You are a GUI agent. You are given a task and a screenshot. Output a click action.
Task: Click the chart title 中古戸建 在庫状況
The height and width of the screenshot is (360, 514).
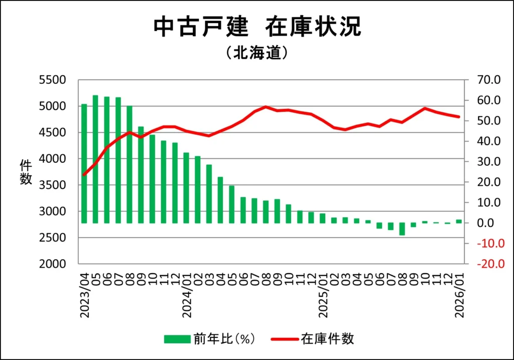tap(256, 27)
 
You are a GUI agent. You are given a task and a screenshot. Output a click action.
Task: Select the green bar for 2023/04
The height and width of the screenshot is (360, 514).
tap(84, 163)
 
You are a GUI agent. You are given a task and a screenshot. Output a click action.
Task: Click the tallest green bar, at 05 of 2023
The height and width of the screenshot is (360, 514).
tap(95, 159)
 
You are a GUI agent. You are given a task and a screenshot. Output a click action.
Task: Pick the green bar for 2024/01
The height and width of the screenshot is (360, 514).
tap(186, 187)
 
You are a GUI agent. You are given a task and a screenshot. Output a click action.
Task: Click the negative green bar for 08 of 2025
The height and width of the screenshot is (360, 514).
tap(402, 229)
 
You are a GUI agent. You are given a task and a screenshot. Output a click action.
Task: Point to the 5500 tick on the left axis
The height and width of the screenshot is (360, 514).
tap(53, 80)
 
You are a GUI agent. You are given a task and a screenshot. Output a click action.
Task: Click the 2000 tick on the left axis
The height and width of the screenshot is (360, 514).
tap(53, 264)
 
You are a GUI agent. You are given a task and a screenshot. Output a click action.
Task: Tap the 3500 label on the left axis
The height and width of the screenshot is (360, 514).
tap(53, 185)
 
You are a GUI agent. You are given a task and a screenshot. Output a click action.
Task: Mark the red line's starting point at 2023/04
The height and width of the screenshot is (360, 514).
tap(84, 175)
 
